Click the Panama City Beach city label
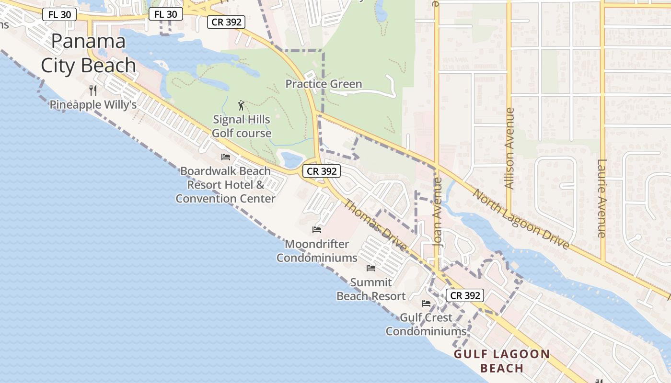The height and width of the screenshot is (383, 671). pos(88,53)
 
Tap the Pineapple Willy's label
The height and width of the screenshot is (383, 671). pos(93,104)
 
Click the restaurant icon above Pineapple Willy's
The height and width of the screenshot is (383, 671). pos(93,90)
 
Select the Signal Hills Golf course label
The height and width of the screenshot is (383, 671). pos(242,126)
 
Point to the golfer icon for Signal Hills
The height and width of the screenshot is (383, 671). pos(241,105)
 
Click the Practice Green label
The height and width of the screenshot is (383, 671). pos(324,84)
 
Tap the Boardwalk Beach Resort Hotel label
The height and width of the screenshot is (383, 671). pos(225,185)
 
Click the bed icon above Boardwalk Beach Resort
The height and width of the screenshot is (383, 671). pos(226,157)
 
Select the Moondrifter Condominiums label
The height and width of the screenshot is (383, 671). pos(317,251)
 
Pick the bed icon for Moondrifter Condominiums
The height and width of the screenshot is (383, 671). pos(317,229)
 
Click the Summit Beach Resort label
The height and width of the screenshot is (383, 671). pos(371,289)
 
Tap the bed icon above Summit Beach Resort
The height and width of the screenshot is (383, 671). pos(371,268)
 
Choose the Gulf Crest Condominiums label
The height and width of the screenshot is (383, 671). pos(426,324)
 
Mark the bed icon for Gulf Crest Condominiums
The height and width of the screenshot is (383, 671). pos(426,303)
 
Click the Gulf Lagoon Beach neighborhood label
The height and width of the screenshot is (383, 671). pos(502,361)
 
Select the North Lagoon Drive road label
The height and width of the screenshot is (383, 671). pos(521,219)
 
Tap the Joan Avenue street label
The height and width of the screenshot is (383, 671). pos(437,212)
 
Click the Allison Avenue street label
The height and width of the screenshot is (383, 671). pos(509,148)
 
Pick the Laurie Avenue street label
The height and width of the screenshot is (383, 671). pos(602,199)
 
